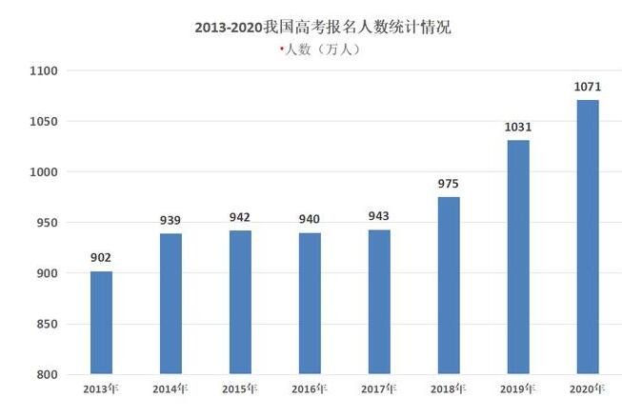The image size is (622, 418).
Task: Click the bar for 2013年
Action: [x=101, y=323]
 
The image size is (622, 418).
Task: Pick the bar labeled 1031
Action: [x=518, y=256]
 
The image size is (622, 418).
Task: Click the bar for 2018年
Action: [x=449, y=285]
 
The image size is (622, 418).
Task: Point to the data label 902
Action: [x=101, y=257]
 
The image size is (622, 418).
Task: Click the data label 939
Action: [x=171, y=221]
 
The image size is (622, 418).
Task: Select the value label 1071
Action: [x=588, y=87]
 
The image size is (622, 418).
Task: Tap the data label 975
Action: [x=449, y=184]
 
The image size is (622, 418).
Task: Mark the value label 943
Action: [x=379, y=217]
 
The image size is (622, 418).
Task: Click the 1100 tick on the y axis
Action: [x=44, y=71]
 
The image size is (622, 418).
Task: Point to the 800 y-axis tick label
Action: [x=48, y=375]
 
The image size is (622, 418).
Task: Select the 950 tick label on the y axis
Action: [x=48, y=223]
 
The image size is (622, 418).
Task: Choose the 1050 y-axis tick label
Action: [x=44, y=122]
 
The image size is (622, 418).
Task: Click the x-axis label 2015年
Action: [x=239, y=389]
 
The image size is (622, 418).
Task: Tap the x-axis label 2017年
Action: [x=379, y=389]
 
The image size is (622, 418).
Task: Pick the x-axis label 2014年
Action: [x=170, y=389]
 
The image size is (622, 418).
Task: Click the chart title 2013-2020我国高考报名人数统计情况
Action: [x=315, y=28]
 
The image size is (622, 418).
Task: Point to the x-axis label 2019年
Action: [x=518, y=389]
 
